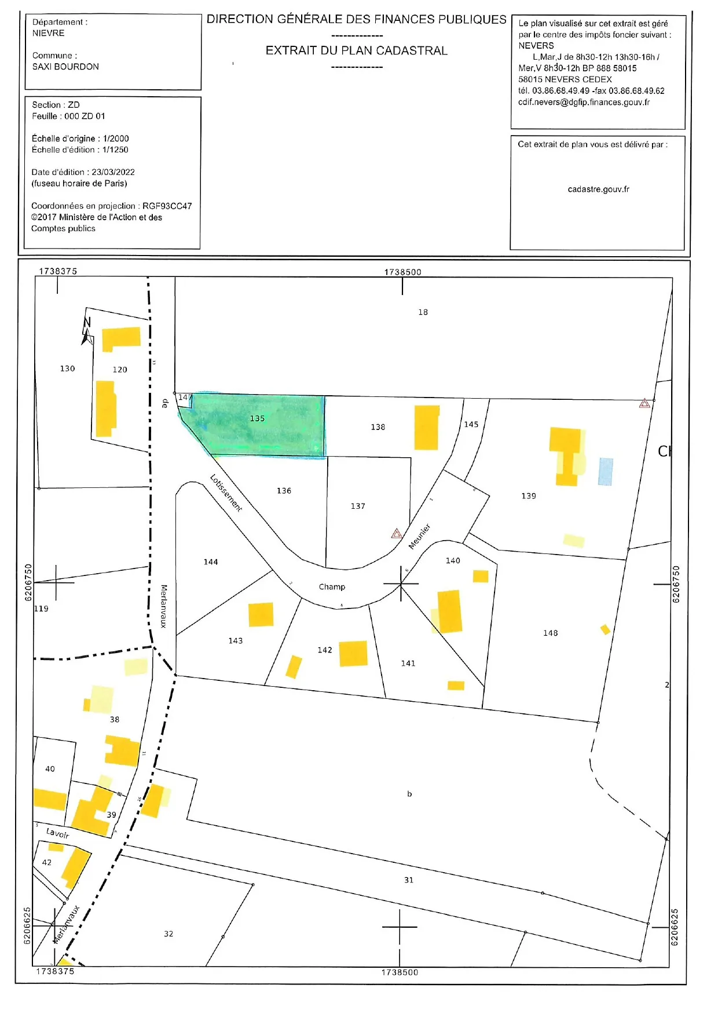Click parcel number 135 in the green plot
[x=257, y=418]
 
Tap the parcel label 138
[x=378, y=427]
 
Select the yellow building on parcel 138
[x=426, y=428]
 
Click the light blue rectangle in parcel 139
[x=605, y=471]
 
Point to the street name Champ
[x=332, y=587]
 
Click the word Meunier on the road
[x=420, y=536]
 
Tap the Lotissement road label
[x=226, y=493]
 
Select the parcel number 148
[x=550, y=633]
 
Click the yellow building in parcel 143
[x=261, y=615]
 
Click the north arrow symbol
[x=87, y=331]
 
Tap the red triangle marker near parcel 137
[x=397, y=534]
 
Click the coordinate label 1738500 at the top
[x=402, y=272]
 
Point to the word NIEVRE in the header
[x=49, y=33]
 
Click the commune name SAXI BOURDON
[x=65, y=67]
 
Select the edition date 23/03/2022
[x=113, y=172]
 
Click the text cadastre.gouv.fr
[x=598, y=189]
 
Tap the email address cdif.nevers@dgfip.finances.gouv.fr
[x=584, y=102]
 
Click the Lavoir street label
[x=57, y=833]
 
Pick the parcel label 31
[x=409, y=880]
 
